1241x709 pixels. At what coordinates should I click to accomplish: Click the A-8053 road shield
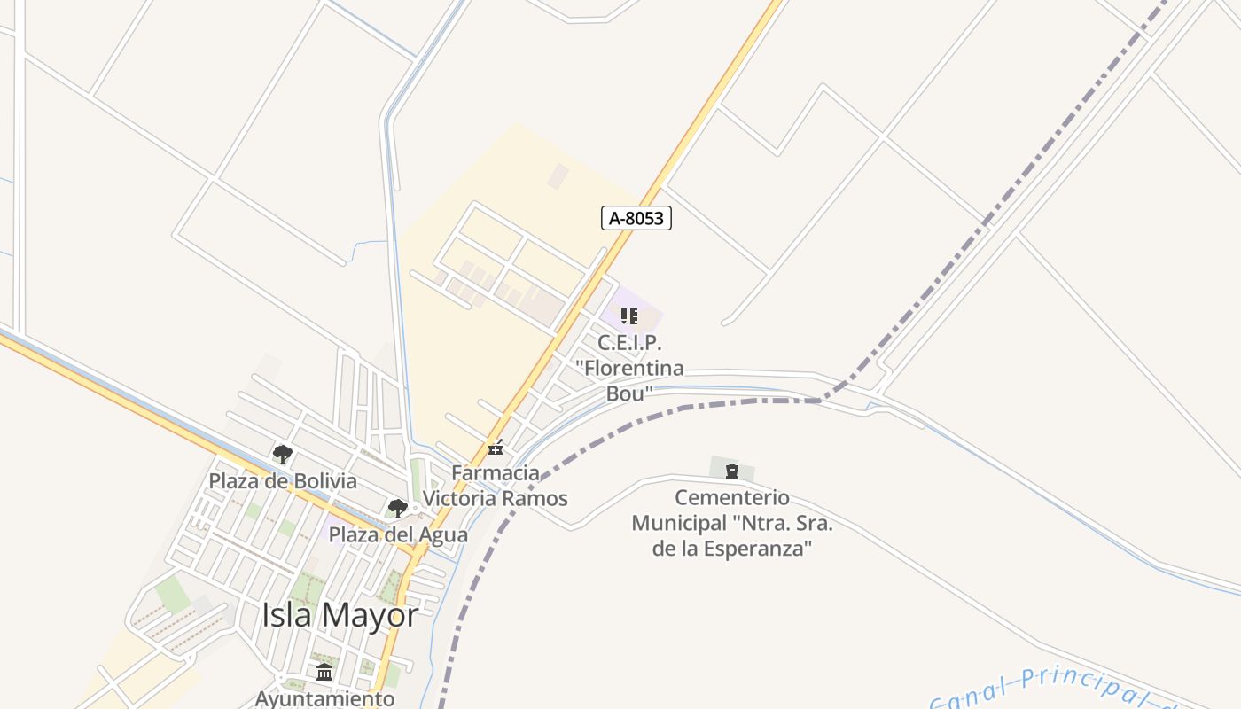(x=636, y=218)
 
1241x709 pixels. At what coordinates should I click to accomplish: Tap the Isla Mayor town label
(x=340, y=614)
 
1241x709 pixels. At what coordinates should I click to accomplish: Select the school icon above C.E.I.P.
(x=629, y=316)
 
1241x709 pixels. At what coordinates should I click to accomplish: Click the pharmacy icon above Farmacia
(x=496, y=449)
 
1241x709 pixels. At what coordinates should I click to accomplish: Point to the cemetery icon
(x=732, y=471)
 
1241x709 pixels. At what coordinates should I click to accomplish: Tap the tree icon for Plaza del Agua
(x=397, y=509)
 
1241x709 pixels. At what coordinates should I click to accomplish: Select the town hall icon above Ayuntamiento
(x=324, y=672)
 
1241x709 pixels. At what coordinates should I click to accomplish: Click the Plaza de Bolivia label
(x=283, y=481)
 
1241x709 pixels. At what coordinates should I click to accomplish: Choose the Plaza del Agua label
(x=398, y=534)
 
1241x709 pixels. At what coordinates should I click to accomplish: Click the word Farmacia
(x=496, y=472)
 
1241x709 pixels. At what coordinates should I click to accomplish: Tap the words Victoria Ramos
(x=495, y=498)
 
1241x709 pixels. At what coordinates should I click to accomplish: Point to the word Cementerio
(x=732, y=497)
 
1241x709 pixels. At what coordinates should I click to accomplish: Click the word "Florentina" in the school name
(x=629, y=368)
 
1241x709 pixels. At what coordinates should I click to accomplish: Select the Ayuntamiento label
(x=324, y=698)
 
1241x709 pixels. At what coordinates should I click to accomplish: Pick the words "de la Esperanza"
(x=732, y=549)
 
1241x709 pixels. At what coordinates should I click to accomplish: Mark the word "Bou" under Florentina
(x=629, y=393)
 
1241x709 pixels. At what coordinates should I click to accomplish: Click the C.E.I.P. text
(x=629, y=343)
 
